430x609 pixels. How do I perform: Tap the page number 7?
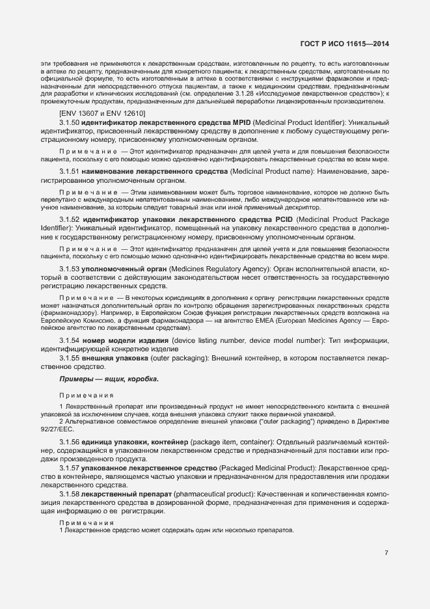(386, 553)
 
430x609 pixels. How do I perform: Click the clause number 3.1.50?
(70, 122)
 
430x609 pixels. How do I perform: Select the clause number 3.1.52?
(70, 219)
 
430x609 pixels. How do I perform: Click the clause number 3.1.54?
(70, 341)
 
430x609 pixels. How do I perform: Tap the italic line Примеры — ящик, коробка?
(109, 379)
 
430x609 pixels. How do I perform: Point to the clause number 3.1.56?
(70, 442)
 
